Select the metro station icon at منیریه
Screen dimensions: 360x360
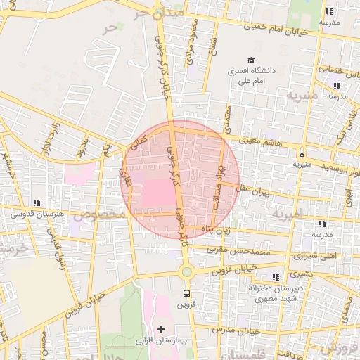click(x=302, y=153)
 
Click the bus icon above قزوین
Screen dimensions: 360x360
click(x=186, y=293)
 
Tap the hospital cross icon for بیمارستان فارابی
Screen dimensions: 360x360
click(x=162, y=328)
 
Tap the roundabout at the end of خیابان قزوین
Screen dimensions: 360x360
click(x=186, y=271)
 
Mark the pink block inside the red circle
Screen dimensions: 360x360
click(x=159, y=194)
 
